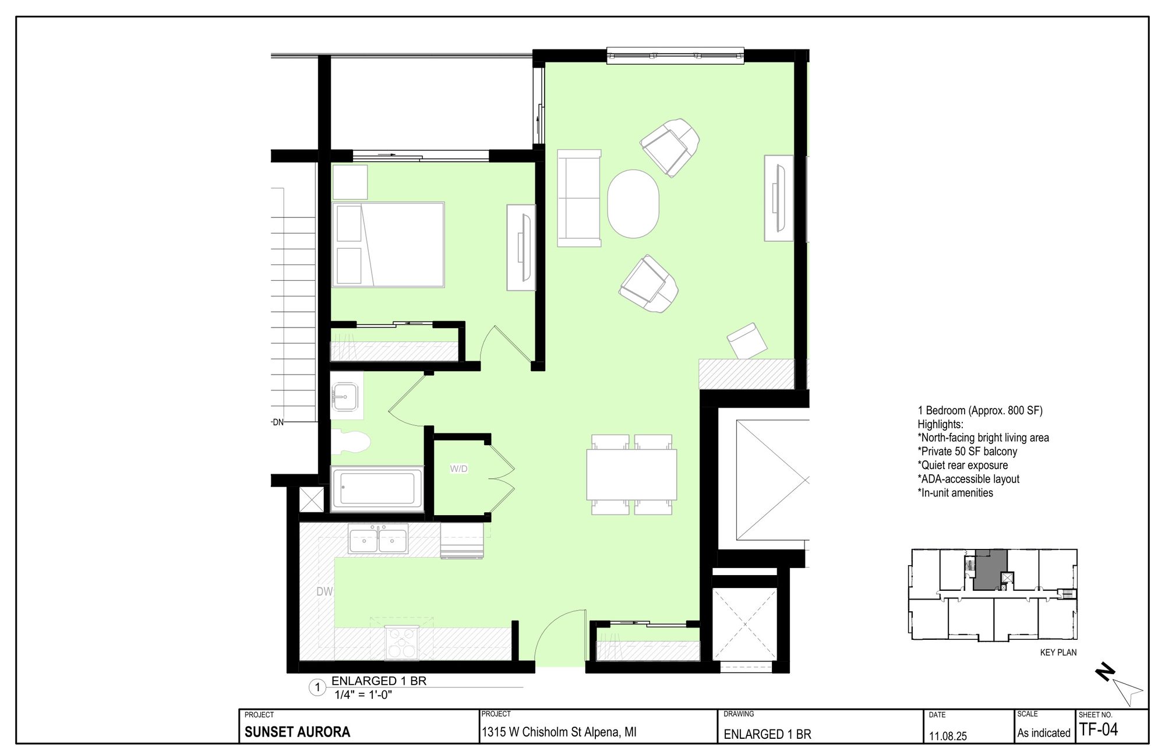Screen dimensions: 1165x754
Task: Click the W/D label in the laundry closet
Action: coord(458,469)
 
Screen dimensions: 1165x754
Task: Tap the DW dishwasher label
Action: coord(324,591)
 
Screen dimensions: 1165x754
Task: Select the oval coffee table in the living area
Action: coord(633,203)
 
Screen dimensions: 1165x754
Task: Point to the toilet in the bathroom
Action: coord(351,443)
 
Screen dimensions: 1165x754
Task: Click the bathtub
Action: coord(377,488)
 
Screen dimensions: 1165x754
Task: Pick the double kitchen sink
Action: coord(378,538)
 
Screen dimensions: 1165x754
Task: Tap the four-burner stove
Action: coord(402,643)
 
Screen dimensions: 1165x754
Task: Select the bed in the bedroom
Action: coord(388,245)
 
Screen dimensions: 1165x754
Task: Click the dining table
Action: coord(631,474)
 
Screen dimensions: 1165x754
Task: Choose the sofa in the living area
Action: coord(579,198)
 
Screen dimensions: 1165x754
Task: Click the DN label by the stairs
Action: coord(278,422)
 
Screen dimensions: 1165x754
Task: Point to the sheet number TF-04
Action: coord(1099,730)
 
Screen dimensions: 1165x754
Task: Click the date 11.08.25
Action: coord(948,736)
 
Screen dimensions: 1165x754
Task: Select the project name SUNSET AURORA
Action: coord(297,732)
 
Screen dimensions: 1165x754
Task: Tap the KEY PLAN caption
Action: coord(1058,653)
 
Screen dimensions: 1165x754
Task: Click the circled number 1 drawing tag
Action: coord(317,688)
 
